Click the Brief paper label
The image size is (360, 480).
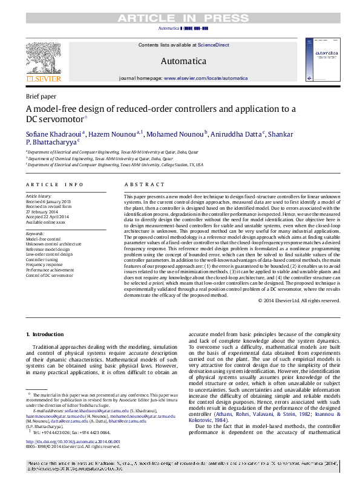click(41, 96)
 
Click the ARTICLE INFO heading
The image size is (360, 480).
click(54, 184)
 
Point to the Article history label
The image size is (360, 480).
click(39, 196)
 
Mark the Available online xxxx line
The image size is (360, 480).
click(47, 222)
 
